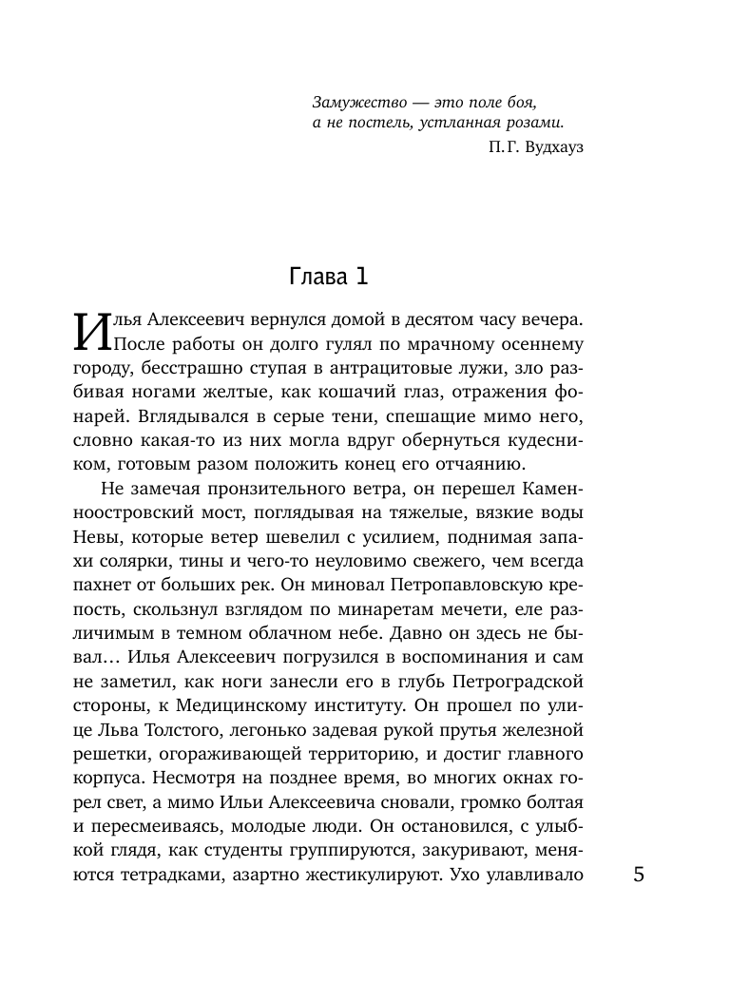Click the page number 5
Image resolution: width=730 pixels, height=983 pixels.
[639, 875]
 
